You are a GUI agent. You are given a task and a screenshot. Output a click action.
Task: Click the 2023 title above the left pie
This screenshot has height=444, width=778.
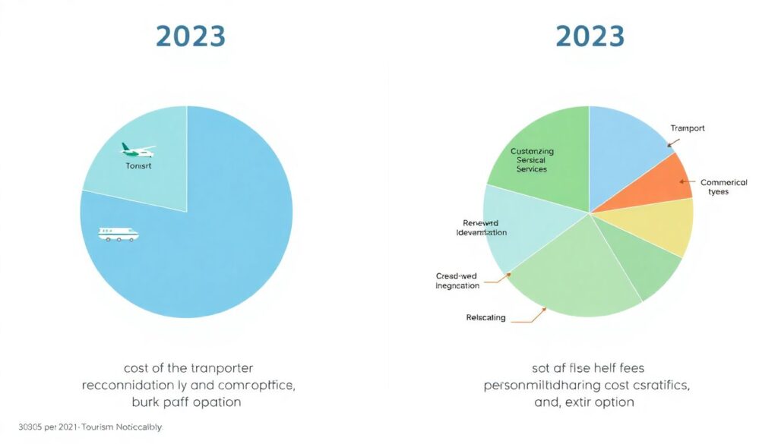point(190,36)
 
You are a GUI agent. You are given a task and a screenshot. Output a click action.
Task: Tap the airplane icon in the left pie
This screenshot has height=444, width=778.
point(138,150)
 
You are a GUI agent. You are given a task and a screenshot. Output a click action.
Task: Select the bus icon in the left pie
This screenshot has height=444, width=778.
point(119,234)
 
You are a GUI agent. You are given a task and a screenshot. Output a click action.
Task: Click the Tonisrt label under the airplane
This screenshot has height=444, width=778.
point(138,165)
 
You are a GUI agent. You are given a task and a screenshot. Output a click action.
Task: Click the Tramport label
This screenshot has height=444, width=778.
point(687,128)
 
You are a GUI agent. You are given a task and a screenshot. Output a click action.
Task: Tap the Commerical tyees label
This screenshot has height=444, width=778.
point(723,187)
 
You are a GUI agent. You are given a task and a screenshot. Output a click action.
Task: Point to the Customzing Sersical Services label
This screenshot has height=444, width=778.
point(532,160)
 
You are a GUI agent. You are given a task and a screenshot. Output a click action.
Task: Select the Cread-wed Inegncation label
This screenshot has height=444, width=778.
point(457,280)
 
